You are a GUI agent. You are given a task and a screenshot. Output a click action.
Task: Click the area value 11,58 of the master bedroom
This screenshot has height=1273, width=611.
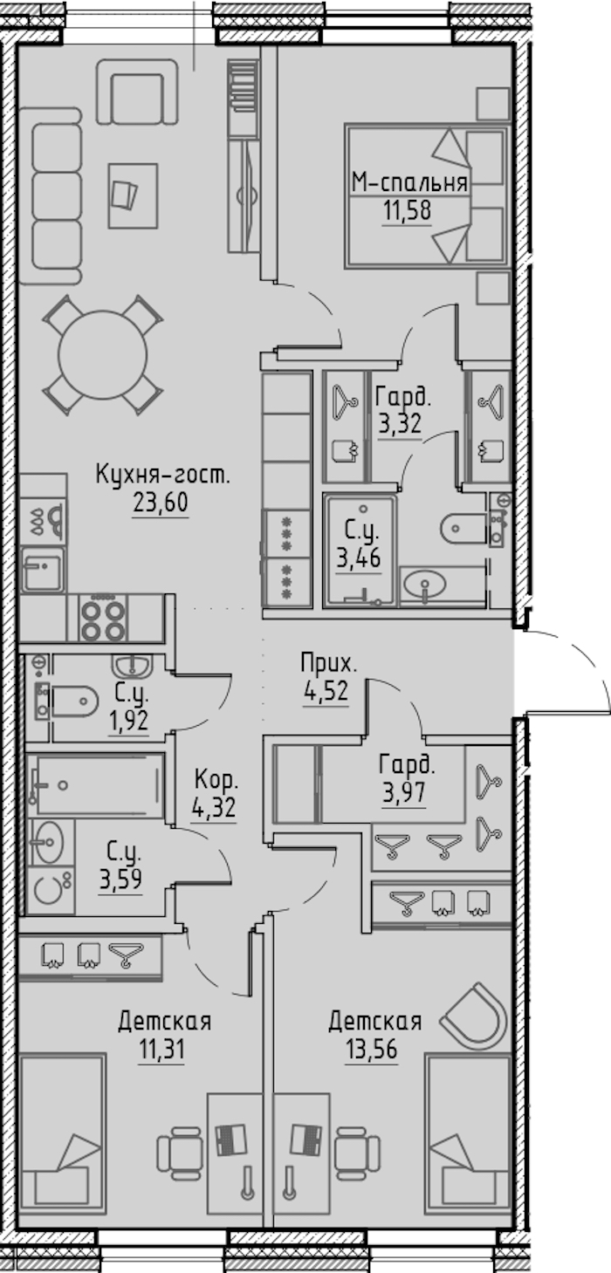pos(407,211)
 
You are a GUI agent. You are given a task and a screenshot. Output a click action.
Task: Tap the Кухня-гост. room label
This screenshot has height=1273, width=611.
pos(163,475)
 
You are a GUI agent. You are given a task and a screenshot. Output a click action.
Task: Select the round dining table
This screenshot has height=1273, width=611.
pos(103,354)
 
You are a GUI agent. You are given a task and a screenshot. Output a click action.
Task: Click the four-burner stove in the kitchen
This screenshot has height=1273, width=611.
pos(103,619)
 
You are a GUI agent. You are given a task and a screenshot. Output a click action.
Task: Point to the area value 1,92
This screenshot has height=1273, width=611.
pos(128,720)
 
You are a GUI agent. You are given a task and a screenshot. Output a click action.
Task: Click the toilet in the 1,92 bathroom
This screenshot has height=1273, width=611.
pos(74,701)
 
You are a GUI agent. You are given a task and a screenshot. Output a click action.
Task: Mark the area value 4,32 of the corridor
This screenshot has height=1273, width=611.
pos(214,807)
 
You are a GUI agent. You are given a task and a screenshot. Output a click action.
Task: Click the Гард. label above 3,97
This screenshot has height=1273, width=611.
pos(407,765)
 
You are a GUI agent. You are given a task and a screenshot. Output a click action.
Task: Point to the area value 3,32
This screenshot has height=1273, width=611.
pos(400,424)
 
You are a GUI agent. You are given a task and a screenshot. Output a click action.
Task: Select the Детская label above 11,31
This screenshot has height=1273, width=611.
pos(165,1022)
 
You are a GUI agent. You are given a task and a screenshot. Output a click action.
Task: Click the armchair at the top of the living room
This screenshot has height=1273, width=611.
pos(137,92)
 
